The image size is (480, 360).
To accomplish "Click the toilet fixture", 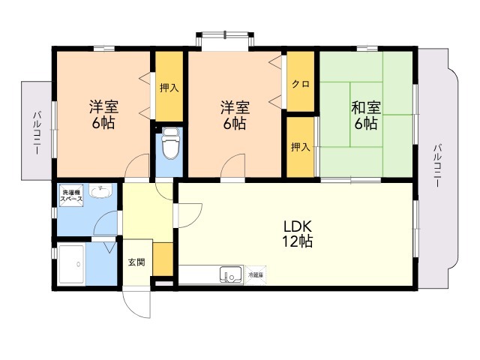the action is click(x=170, y=143).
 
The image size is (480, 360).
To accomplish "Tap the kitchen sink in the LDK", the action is click(x=231, y=275).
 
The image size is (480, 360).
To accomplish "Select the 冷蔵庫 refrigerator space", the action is click(x=255, y=275).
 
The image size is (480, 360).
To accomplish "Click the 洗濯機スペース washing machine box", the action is click(x=72, y=196).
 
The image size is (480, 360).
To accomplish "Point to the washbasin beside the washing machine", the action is click(x=100, y=191).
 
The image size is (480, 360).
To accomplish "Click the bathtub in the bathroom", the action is click(x=72, y=264).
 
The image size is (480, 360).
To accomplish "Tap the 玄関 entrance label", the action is click(x=136, y=262).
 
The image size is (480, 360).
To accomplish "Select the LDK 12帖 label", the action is click(x=298, y=234).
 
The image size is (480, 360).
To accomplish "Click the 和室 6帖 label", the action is click(x=366, y=115).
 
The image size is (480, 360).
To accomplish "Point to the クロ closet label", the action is click(x=301, y=84).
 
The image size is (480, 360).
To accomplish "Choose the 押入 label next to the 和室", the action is click(x=301, y=147).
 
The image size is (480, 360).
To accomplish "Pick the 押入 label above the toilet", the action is click(x=169, y=88).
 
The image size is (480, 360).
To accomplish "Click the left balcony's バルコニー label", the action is click(x=37, y=133).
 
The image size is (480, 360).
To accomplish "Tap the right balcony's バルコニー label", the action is click(x=437, y=165).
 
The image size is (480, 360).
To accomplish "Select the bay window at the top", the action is click(x=225, y=40).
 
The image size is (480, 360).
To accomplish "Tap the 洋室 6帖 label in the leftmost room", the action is click(x=103, y=115).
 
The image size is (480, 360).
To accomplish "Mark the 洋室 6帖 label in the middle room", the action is click(x=235, y=115).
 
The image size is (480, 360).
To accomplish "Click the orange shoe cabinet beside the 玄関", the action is click(x=163, y=259).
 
